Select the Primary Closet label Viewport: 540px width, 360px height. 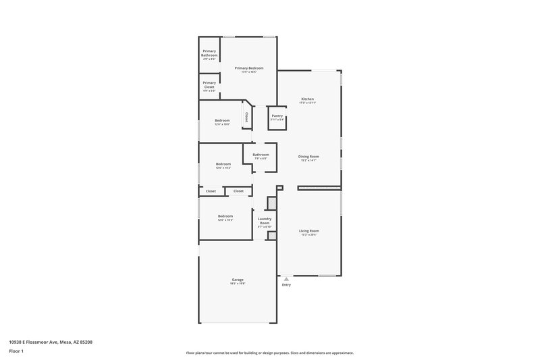209,84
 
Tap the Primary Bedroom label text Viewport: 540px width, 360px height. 249,68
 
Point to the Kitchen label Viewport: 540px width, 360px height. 308,99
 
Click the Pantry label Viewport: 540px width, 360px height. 277,115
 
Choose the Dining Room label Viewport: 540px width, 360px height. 309,156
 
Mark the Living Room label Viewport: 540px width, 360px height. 309,230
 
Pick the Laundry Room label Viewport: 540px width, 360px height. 265,221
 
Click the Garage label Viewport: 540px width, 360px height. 238,279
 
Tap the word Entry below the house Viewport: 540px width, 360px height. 286,284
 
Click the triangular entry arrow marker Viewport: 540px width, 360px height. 286,278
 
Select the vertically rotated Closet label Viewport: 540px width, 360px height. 246,118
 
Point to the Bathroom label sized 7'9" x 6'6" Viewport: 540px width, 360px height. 261,155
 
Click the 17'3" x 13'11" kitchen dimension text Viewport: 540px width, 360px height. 308,103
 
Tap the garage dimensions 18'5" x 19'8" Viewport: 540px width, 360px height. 238,284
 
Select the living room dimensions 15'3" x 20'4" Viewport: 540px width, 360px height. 309,235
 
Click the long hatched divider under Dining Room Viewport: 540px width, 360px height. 319,188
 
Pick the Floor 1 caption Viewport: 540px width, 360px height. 17,352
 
